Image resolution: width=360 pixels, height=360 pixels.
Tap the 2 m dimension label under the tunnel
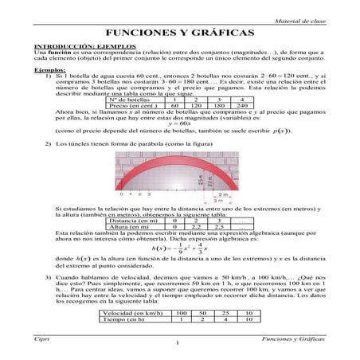point(224,193)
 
